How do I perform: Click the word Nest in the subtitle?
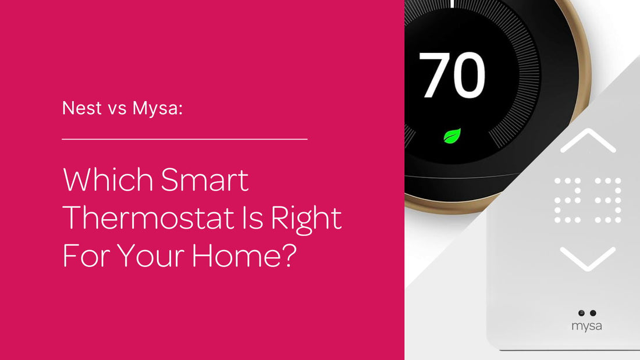point(81,108)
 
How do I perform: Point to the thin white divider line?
point(184,140)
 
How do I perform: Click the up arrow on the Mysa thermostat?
point(587,141)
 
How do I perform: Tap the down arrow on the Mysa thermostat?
point(587,259)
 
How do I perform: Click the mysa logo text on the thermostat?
point(586,326)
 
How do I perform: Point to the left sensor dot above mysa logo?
point(581,313)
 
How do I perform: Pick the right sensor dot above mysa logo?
point(593,313)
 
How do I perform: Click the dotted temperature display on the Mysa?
point(587,200)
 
